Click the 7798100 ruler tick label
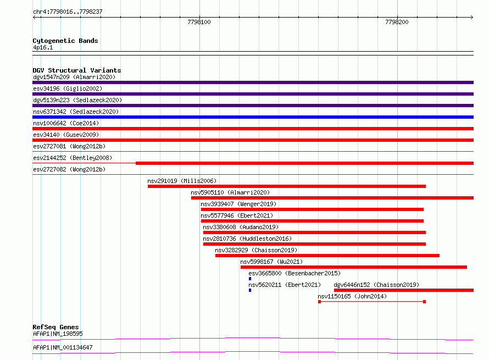click(199, 22)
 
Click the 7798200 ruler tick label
click(397, 22)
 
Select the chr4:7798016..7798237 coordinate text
click(68, 12)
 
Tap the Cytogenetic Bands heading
click(65, 41)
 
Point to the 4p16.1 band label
click(43, 47)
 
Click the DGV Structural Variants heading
click(77, 70)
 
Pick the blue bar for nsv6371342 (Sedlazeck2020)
click(253, 117)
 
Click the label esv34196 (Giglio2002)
click(68, 88)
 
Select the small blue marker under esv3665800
click(250, 279)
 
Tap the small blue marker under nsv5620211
click(250, 290)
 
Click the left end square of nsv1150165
click(319, 302)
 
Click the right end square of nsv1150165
click(425, 302)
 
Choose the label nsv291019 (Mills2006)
click(182, 181)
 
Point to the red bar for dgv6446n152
click(404, 290)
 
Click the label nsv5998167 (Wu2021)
click(271, 262)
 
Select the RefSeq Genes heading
click(55, 327)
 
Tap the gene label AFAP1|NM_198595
click(58, 334)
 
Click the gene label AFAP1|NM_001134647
click(63, 347)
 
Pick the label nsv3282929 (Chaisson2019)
click(256, 250)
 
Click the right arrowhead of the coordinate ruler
click(472, 17)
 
